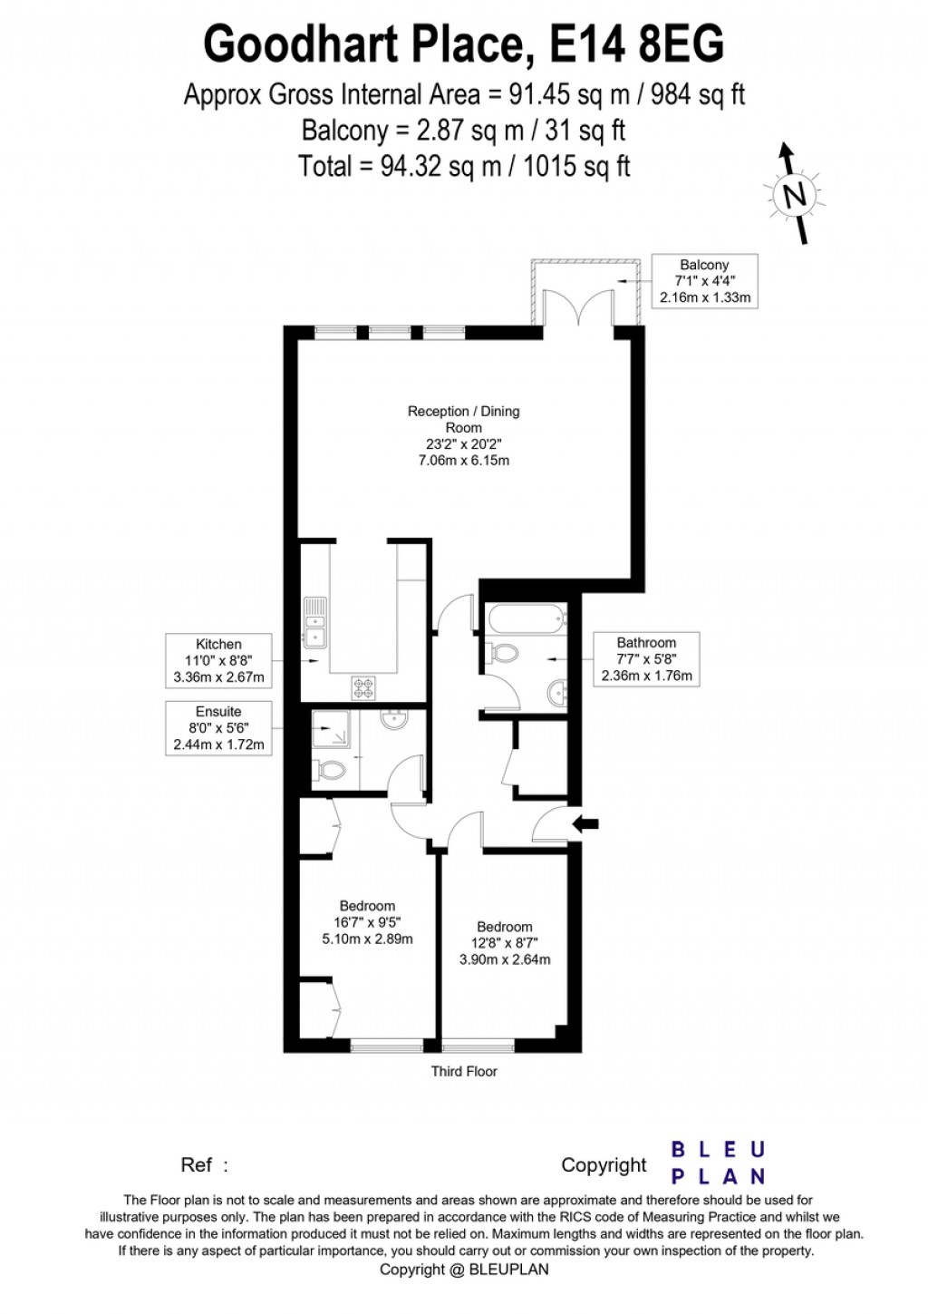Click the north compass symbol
pos(795,194)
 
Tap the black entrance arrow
pos(586,823)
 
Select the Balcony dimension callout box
pos(704,281)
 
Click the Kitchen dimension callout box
pos(218,660)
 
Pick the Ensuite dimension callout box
pos(218,728)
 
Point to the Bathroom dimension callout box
pos(646,658)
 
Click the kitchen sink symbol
pos(314,623)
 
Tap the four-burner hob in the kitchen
pos(363,688)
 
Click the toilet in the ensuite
pos(330,771)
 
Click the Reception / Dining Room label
pos(463,435)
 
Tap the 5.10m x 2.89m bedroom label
pos(367,922)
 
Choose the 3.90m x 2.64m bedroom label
pos(505,943)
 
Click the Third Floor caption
pos(464,1071)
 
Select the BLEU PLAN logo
pos(718,1163)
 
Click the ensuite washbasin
pos(395,720)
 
